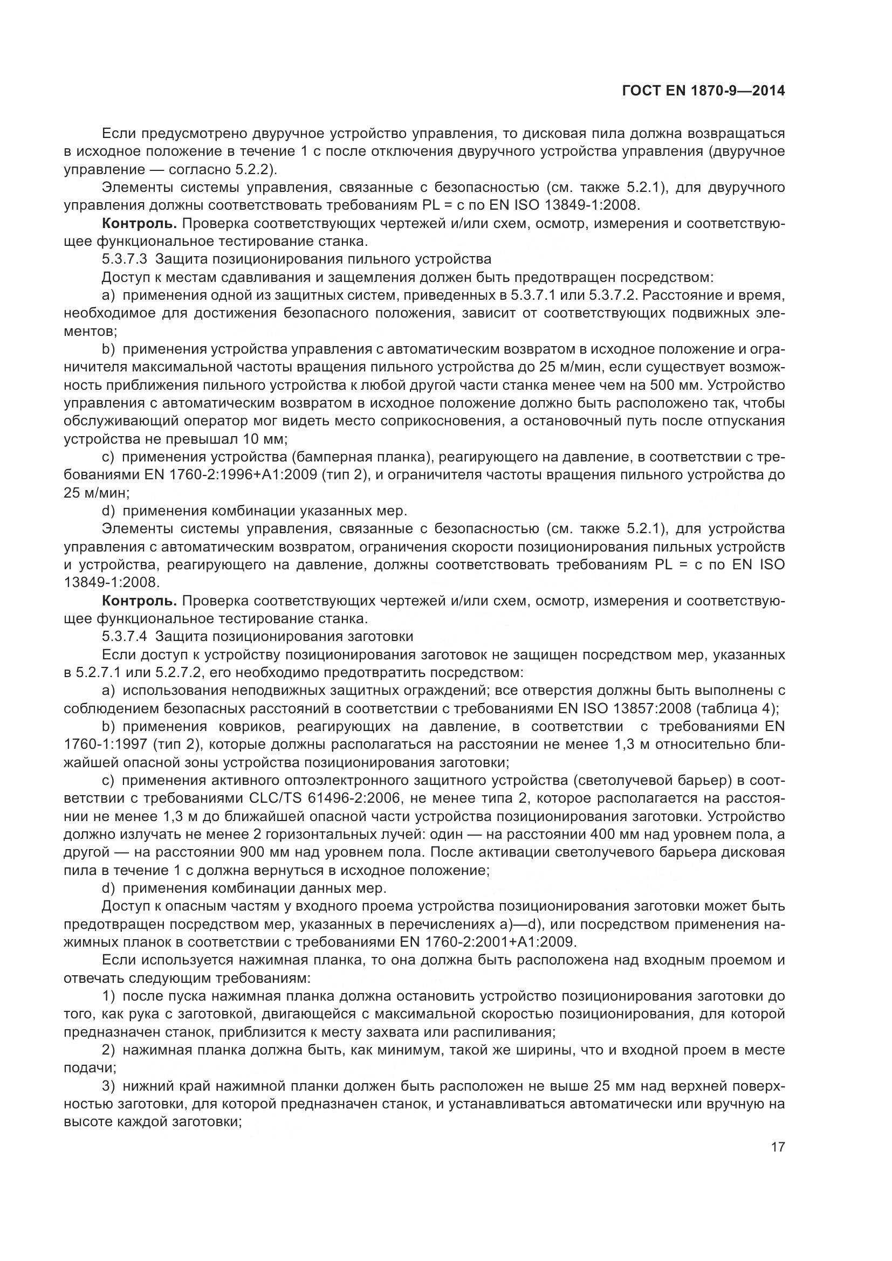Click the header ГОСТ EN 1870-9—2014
pos(703,91)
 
